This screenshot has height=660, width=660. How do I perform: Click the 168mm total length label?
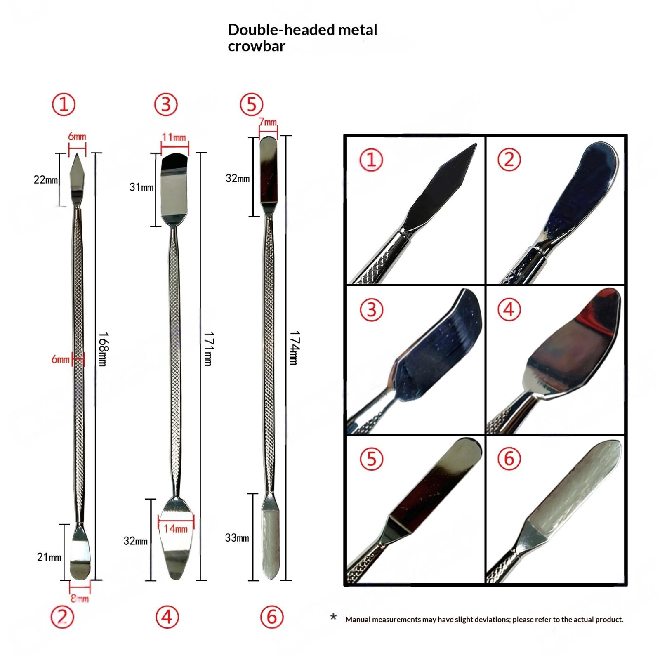pos(102,349)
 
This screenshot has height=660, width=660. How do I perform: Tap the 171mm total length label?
pos(207,349)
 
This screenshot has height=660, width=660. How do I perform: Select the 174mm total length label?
pos(293,348)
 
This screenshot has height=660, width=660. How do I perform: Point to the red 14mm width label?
pos(175,528)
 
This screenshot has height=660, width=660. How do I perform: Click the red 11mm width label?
pos(174,137)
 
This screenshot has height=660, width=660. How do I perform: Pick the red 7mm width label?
pos(268,122)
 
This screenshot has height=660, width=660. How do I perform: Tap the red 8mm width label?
pos(80,598)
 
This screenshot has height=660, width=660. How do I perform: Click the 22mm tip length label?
pos(45,180)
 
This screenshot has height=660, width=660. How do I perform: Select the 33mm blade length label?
pos(237,538)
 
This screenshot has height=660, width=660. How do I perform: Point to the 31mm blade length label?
pos(141,187)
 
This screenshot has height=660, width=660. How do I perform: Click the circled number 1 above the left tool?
pos(64,104)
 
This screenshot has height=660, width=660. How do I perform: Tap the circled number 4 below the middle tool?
pos(167,617)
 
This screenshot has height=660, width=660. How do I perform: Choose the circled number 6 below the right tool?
pos(272,617)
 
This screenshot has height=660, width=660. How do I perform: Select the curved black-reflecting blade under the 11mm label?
pos(174,161)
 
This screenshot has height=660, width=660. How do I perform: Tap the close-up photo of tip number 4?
pos(555,360)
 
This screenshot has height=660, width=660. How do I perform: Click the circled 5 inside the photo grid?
pos(372,459)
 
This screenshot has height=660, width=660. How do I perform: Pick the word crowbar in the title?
pos(256,46)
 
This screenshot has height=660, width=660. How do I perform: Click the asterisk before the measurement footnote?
pos(333,617)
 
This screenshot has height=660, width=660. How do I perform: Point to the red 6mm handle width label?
pos(60,359)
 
